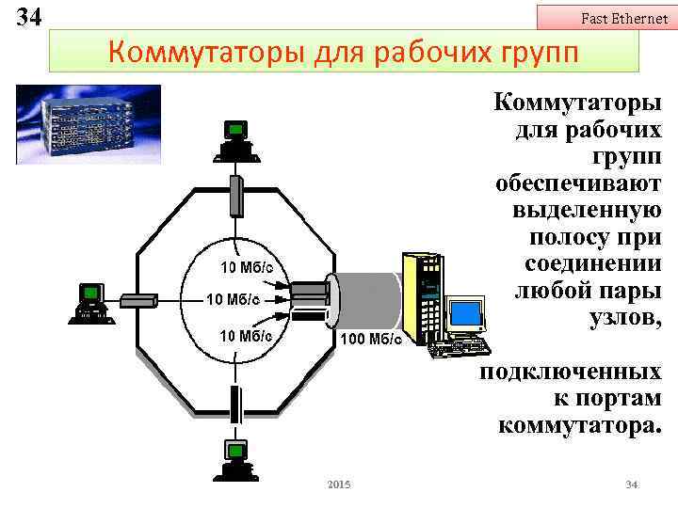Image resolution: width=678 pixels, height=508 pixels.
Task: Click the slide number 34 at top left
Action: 28,17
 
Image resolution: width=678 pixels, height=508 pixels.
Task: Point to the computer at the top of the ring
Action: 235,140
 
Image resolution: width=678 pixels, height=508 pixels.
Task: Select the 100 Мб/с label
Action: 370,339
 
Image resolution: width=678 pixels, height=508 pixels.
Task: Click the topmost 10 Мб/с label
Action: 247,267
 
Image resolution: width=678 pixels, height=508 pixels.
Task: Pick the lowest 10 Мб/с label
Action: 246,335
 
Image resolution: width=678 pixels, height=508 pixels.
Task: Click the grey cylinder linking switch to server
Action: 367,298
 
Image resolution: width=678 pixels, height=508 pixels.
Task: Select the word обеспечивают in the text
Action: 578,182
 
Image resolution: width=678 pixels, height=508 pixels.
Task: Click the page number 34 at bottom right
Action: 632,484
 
